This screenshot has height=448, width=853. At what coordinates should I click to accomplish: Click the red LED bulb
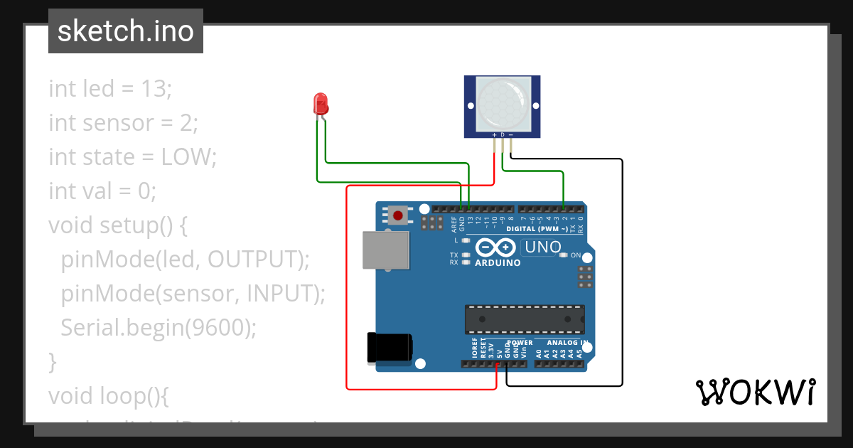pyautogui.click(x=321, y=105)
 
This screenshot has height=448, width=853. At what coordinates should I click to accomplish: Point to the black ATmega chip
pyautogui.click(x=525, y=319)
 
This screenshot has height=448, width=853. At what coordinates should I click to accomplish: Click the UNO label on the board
pyautogui.click(x=541, y=247)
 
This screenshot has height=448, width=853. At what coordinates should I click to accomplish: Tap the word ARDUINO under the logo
pyautogui.click(x=497, y=262)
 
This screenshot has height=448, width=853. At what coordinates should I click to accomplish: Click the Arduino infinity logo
pyautogui.click(x=495, y=247)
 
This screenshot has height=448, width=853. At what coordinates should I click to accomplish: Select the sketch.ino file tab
pyautogui.click(x=126, y=31)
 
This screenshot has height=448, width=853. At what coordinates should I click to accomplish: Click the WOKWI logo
pyautogui.click(x=754, y=392)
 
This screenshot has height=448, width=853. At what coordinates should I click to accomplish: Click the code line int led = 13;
pyautogui.click(x=110, y=89)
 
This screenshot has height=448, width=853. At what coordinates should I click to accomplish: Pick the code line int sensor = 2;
pyautogui.click(x=123, y=123)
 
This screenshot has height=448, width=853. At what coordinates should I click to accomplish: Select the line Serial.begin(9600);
pyautogui.click(x=158, y=327)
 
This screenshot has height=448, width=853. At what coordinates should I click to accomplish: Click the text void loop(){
pyautogui.click(x=108, y=395)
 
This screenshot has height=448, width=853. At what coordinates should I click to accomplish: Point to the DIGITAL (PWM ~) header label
pyautogui.click(x=537, y=229)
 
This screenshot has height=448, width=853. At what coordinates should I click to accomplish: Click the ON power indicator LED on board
pyautogui.click(x=564, y=255)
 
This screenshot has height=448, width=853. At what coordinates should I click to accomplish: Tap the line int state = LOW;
pyautogui.click(x=132, y=156)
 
